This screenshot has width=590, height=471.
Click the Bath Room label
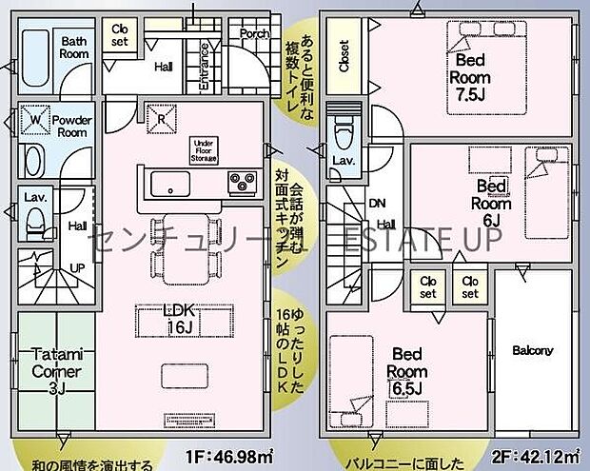click(75, 48)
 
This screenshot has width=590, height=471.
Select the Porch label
click(254, 33)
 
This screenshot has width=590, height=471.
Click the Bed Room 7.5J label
click(469, 76)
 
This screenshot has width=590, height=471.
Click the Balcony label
click(532, 351)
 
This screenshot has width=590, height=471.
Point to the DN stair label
click(379, 203)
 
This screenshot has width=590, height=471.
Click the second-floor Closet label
click(343, 56)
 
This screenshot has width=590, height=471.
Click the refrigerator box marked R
click(157, 118)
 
